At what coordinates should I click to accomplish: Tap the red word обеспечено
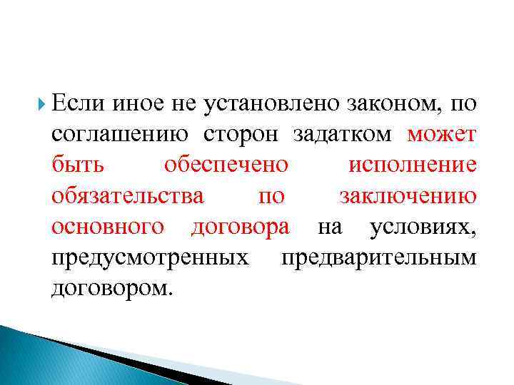tap(226, 165)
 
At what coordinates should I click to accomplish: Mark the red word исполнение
tap(412, 165)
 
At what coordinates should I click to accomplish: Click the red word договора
tap(241, 227)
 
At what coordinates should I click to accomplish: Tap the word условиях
tap(423, 227)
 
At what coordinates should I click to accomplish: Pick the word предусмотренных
tap(151, 257)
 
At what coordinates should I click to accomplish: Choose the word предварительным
tap(378, 257)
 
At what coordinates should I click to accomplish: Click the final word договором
tap(112, 288)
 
